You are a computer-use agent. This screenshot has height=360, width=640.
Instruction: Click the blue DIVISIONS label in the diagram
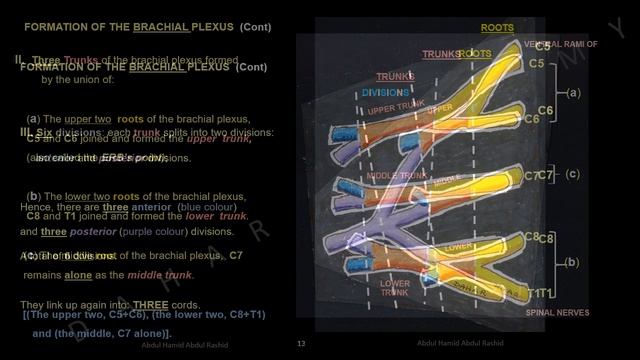point(380,92)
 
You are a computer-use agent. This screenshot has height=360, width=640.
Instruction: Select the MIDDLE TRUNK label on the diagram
point(390,175)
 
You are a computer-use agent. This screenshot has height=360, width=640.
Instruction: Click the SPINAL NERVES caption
point(557,313)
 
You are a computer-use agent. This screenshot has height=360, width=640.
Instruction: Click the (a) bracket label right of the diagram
point(572,93)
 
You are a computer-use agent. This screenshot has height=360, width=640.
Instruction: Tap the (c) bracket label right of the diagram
point(572,173)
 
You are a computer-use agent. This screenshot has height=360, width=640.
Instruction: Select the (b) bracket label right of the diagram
point(572,262)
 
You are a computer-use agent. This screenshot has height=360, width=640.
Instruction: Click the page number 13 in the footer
point(301,343)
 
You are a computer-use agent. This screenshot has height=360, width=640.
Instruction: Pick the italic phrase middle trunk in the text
point(165,274)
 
